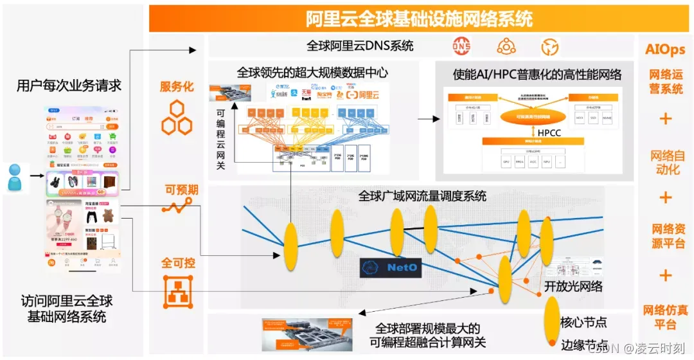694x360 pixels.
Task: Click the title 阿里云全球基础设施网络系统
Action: click(420, 19)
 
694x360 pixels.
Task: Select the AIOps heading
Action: click(665, 50)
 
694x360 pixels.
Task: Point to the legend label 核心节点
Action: click(583, 322)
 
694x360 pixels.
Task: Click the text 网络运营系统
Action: click(665, 82)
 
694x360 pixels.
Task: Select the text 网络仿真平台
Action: click(665, 317)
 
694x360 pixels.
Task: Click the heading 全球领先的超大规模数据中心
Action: click(312, 73)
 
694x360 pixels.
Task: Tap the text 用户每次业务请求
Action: click(69, 85)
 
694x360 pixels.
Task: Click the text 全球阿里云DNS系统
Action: click(360, 46)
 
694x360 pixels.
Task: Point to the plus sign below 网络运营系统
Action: click(665, 119)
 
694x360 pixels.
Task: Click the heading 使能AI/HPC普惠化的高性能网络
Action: click(537, 75)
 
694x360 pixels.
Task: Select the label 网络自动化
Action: click(665, 163)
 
